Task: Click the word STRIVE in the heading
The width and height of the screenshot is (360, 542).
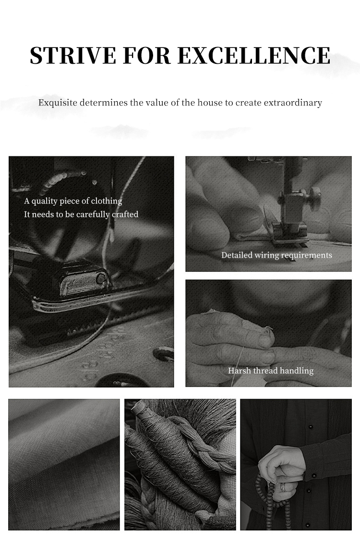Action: tap(72, 55)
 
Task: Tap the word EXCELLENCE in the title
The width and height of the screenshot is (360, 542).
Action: tap(254, 55)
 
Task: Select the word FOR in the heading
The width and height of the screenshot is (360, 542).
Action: tap(146, 55)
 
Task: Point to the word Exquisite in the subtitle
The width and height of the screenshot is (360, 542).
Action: tap(58, 103)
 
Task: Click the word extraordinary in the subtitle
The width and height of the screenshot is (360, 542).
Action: tap(293, 103)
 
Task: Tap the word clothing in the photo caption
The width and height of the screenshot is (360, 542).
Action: tap(107, 201)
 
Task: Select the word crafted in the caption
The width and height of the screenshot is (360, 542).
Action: tap(125, 214)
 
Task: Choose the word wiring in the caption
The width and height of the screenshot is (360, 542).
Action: tap(266, 256)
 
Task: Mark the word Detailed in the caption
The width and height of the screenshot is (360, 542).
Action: tap(237, 255)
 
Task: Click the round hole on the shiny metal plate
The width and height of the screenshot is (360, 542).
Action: tap(101, 278)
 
